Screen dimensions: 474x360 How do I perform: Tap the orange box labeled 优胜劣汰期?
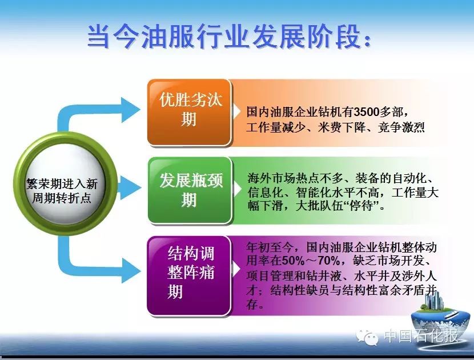point(190,112)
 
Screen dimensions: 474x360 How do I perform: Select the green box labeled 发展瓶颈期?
point(190,190)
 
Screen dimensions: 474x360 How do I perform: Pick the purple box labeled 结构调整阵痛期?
point(189,275)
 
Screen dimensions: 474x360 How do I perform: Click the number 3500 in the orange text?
point(366,112)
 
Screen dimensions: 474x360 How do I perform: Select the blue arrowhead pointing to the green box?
point(130,187)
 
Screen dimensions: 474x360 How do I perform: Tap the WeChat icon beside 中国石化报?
point(367,337)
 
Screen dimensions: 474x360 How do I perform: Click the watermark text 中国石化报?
point(420,335)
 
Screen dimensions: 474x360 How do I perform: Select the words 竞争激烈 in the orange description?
point(401,127)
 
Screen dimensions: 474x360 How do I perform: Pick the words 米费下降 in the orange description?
point(342,127)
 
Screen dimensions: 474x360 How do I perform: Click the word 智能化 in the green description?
point(313,193)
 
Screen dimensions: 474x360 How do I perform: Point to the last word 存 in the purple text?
point(251,304)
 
